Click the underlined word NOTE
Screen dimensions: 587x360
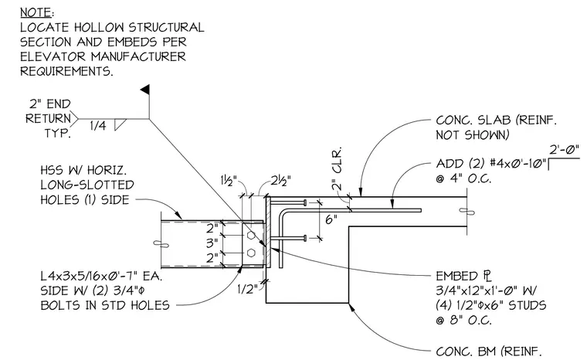click(x=36, y=12)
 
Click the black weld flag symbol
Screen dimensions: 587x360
click(x=145, y=90)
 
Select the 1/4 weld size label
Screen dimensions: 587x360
click(x=98, y=126)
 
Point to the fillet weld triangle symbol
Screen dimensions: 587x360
click(x=119, y=124)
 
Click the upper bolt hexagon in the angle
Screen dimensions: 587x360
click(x=251, y=236)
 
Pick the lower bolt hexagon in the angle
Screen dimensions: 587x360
click(x=251, y=252)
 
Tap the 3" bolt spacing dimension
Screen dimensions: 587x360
click(x=212, y=243)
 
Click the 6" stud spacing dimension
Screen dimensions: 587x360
click(x=331, y=219)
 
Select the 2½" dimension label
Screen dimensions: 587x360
click(x=281, y=181)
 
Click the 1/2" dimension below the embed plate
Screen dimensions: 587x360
click(x=247, y=289)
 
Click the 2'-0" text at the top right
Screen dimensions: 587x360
click(x=564, y=150)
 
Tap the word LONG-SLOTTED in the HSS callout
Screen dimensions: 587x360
click(x=87, y=185)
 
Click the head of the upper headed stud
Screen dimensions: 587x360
click(x=305, y=202)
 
